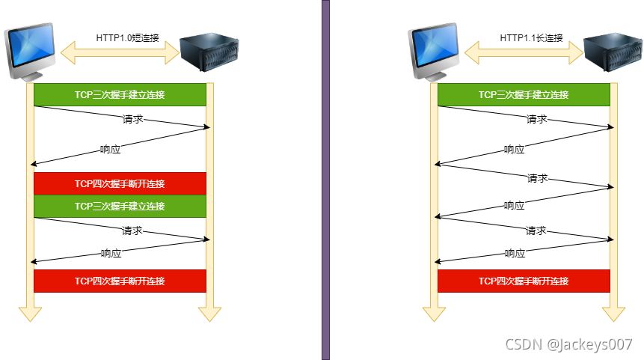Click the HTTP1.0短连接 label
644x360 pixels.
click(125, 37)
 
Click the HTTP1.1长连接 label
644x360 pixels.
click(531, 37)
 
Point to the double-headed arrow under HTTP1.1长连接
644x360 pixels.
click(524, 52)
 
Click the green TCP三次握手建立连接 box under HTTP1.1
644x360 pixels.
click(524, 94)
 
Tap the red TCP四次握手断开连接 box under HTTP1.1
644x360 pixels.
click(524, 281)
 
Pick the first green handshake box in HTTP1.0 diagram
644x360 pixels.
click(120, 94)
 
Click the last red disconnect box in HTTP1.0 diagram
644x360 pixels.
click(120, 281)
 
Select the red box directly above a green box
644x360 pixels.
click(120, 183)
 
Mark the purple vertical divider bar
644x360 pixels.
click(325, 180)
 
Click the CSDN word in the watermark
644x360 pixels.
click(524, 344)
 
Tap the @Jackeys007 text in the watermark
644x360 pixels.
click(590, 344)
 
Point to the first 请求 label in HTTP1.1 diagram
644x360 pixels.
click(536, 119)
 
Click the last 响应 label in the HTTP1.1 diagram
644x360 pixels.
click(515, 254)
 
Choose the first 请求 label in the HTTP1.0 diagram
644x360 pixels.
click(132, 119)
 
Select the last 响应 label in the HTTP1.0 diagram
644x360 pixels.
click(111, 254)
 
